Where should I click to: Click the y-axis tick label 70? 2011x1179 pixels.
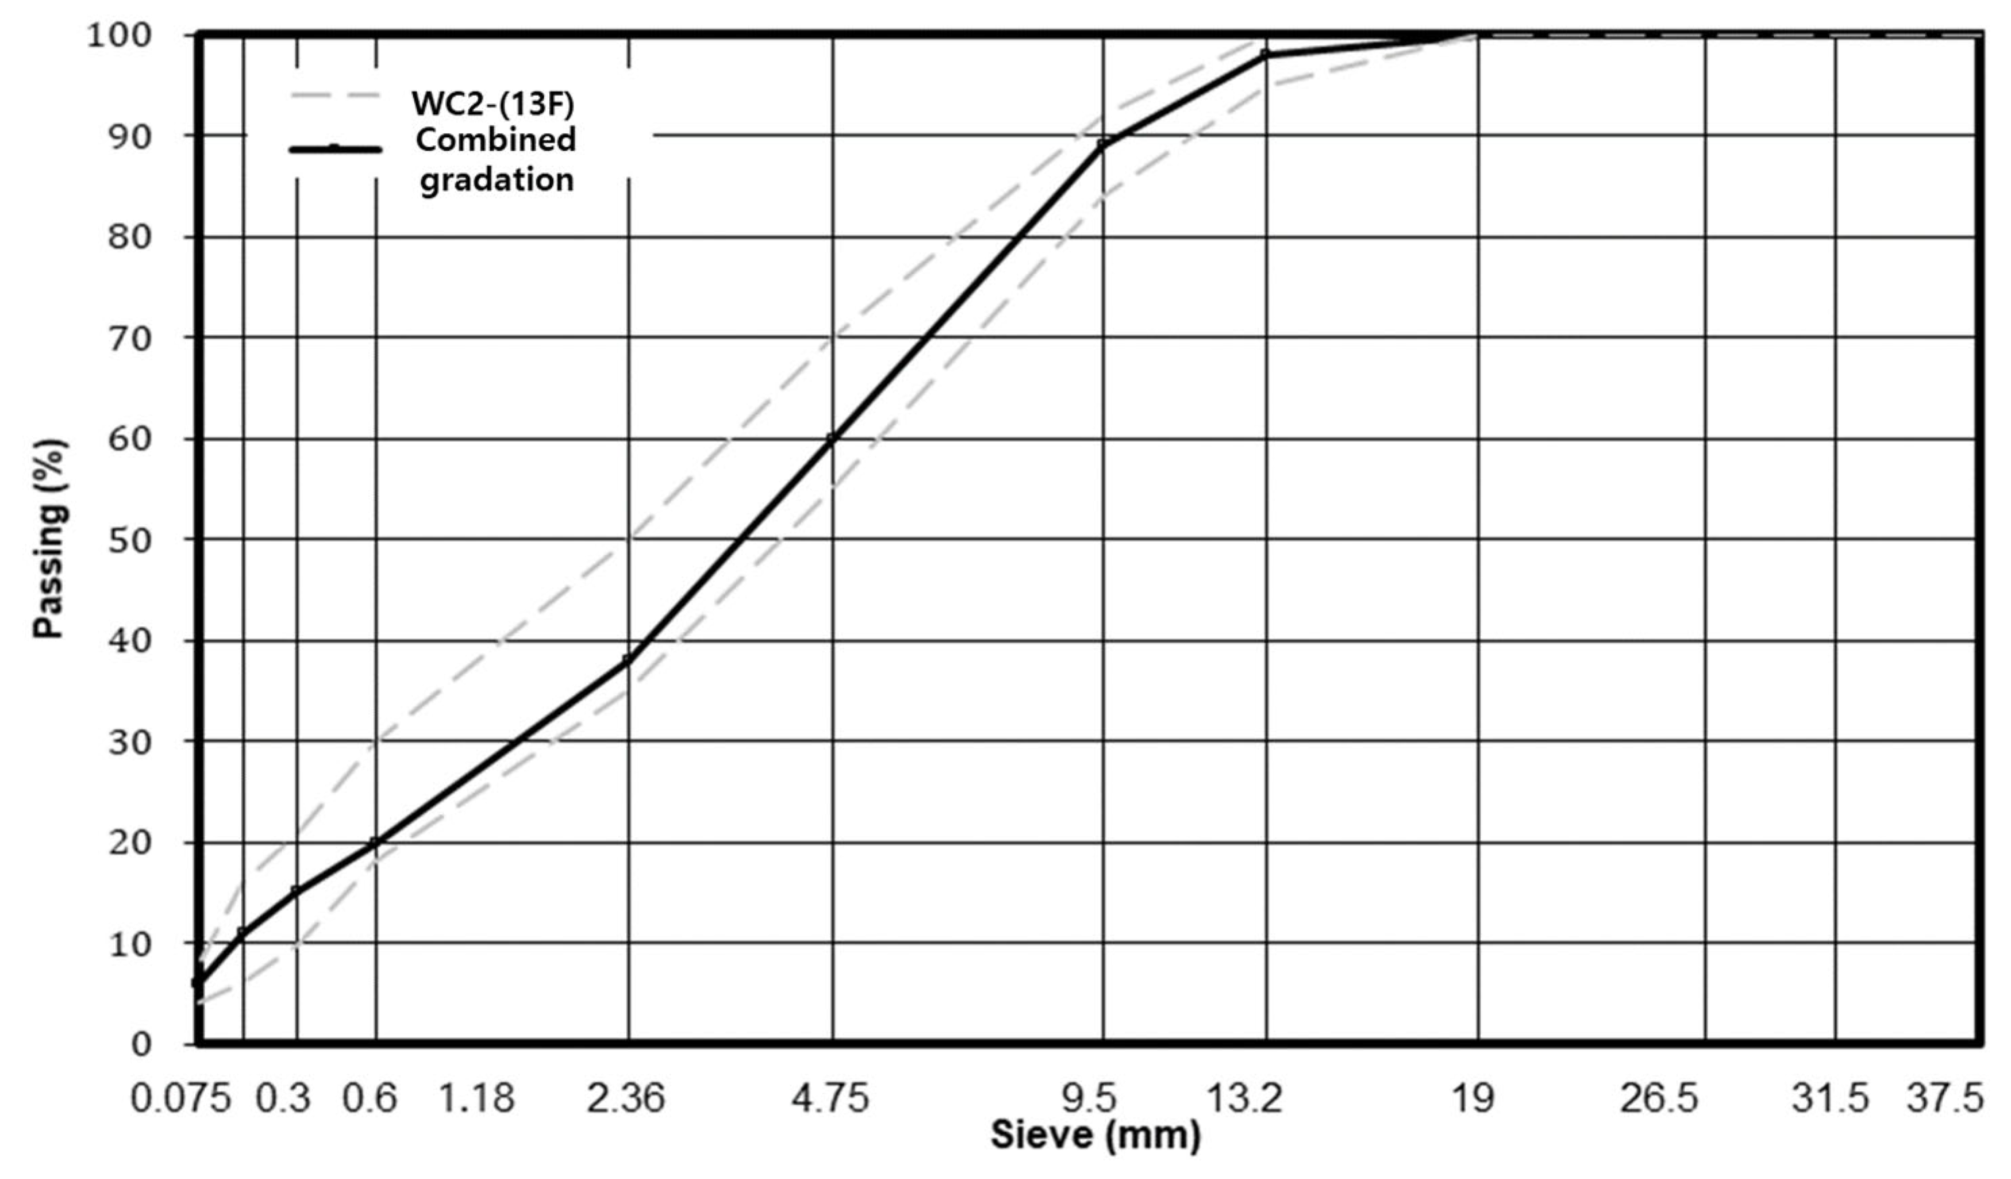coord(129,339)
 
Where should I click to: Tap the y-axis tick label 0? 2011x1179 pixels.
coord(141,1044)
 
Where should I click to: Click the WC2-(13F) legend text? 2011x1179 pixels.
coord(492,103)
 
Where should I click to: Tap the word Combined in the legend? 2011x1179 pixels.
coord(496,141)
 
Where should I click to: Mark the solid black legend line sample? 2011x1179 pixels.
coord(335,149)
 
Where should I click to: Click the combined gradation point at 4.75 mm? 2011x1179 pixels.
coord(832,438)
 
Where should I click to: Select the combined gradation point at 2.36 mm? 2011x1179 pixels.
coord(628,660)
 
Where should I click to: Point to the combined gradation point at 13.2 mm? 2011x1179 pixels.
coord(1267,54)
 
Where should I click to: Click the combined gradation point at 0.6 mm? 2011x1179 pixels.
coord(375,842)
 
